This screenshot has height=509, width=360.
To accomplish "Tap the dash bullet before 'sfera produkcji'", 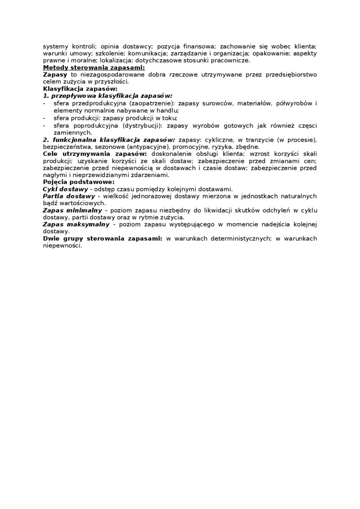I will click(x=44, y=117).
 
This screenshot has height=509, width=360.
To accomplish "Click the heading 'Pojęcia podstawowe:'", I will click(x=78, y=182).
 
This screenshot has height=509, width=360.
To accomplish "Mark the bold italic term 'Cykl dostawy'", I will click(x=69, y=189).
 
